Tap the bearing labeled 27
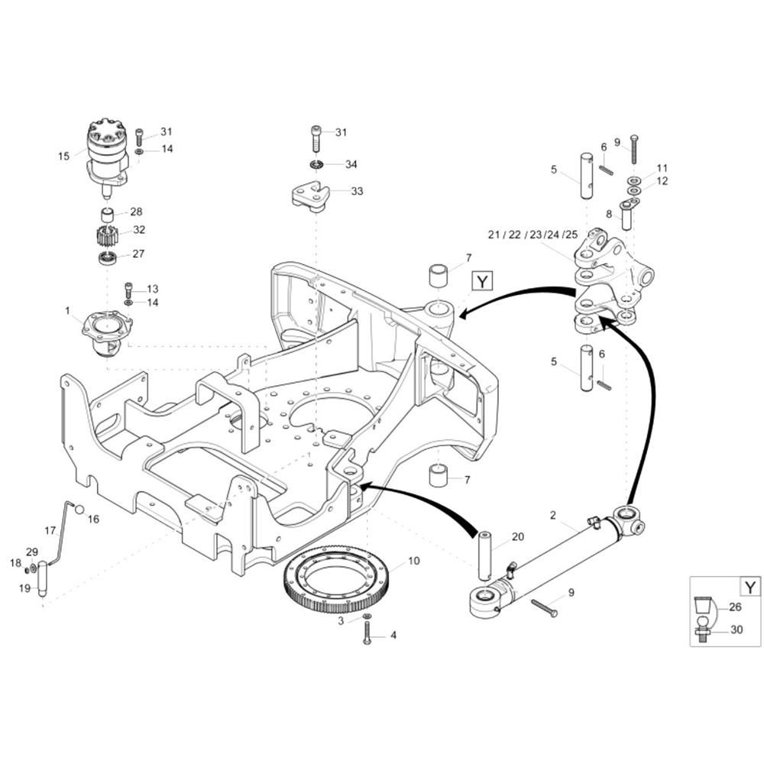pos(106,257)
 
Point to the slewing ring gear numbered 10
pos(335,579)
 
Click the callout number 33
pos(357,191)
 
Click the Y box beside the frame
pos(482,282)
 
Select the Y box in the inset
pos(750,587)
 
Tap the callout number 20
pos(518,536)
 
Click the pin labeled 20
pos(486,555)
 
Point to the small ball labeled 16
pos(79,510)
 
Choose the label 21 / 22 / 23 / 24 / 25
pos(533,235)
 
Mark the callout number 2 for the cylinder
pos(553,515)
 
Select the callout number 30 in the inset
pos(736,630)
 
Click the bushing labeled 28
pos(107,215)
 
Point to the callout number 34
pos(351,164)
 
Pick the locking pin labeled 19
pos(42,578)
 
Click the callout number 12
pos(662,181)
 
